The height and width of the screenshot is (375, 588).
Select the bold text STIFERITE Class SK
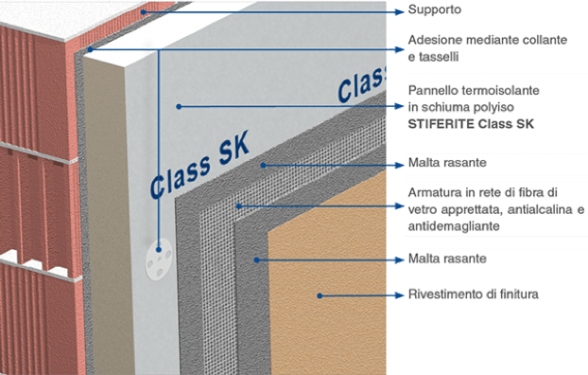pyautogui.click(x=470, y=123)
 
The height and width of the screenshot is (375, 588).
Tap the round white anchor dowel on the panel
pyautogui.click(x=158, y=253)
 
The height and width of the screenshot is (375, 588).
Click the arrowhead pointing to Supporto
pyautogui.click(x=398, y=11)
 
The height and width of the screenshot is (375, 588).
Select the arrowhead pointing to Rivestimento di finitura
pyautogui.click(x=398, y=295)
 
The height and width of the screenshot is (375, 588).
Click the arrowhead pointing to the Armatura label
pyautogui.click(x=398, y=205)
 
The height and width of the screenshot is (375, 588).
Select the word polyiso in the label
pyautogui.click(x=496, y=106)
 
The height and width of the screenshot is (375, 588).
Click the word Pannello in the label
pyautogui.click(x=434, y=90)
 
